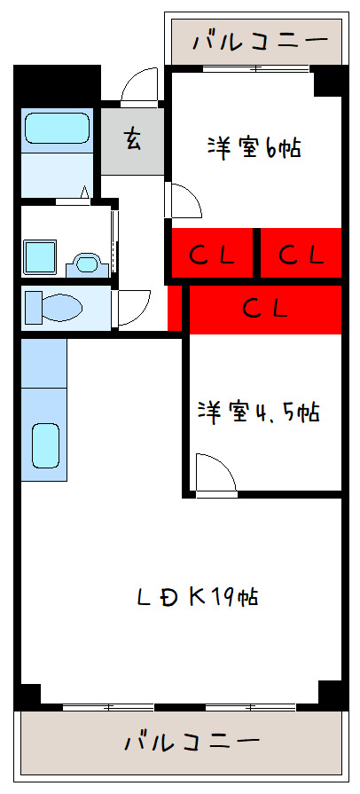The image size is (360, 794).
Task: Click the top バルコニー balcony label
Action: (254, 40)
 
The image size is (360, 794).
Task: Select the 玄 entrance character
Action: (133, 139)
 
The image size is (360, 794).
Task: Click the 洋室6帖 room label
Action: (254, 146)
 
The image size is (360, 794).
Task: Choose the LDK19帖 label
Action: (198, 596)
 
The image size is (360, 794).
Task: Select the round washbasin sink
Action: (86, 263)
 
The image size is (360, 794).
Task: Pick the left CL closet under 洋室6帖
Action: (213, 255)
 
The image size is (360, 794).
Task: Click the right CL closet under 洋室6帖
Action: (300, 255)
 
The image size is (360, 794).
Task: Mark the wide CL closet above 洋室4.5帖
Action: (265, 309)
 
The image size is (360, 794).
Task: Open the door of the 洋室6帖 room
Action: (185, 200)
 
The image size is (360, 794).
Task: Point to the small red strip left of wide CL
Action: (174, 307)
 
